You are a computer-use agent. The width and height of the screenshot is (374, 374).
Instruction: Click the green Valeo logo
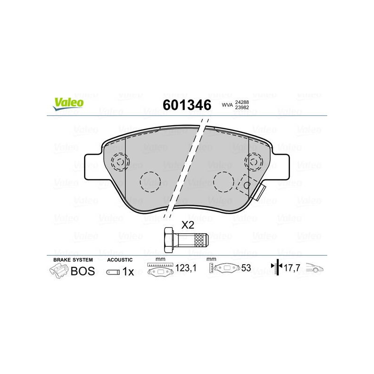pos(68,104)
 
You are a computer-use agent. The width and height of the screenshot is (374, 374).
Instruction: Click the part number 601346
pos(187,105)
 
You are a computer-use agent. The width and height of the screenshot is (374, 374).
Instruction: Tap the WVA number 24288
pos(242,102)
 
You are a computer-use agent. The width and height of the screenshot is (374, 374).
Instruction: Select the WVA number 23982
pos(242,108)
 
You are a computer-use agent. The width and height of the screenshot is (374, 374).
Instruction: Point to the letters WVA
pos(227,105)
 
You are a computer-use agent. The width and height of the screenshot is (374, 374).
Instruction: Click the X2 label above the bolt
pos(188,225)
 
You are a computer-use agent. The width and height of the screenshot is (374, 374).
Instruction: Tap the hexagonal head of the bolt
pos(168,240)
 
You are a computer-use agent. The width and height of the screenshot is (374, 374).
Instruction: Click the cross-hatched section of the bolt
pos(200,240)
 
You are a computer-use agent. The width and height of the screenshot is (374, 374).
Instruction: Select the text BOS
pos(83,271)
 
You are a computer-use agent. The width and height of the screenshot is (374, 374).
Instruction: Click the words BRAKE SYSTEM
pos(73,260)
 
